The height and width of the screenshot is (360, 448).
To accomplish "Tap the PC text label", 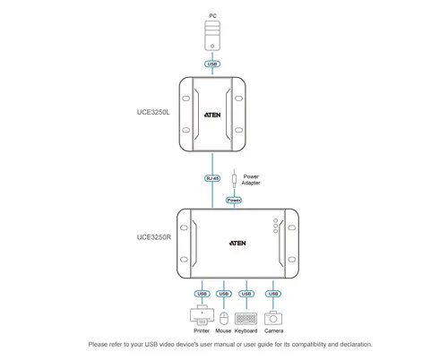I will click(x=212, y=15).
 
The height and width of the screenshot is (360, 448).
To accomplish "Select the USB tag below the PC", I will click(x=212, y=64).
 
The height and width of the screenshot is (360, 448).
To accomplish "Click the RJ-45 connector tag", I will click(x=212, y=177).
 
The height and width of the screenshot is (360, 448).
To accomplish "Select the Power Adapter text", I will click(x=251, y=179).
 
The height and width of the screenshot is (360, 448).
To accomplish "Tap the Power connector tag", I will click(x=234, y=200).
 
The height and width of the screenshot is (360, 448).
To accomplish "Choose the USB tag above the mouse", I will click(x=224, y=293).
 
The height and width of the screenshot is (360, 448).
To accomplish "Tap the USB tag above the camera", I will click(x=274, y=293).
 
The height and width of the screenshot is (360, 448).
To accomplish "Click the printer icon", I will click(x=201, y=316).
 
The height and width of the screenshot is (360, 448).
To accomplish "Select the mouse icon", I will click(x=223, y=317).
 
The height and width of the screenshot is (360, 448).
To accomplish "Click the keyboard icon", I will click(x=246, y=317).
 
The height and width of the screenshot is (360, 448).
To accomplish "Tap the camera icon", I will click(x=274, y=317).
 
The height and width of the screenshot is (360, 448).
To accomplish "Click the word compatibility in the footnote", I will click(x=301, y=344).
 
